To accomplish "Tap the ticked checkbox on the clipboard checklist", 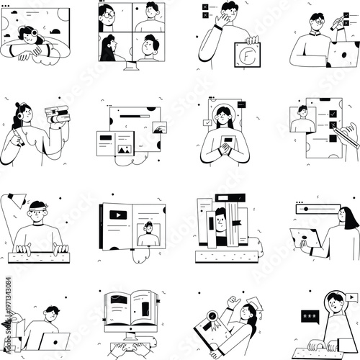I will (333, 114).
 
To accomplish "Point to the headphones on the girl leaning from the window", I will (32, 33).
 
